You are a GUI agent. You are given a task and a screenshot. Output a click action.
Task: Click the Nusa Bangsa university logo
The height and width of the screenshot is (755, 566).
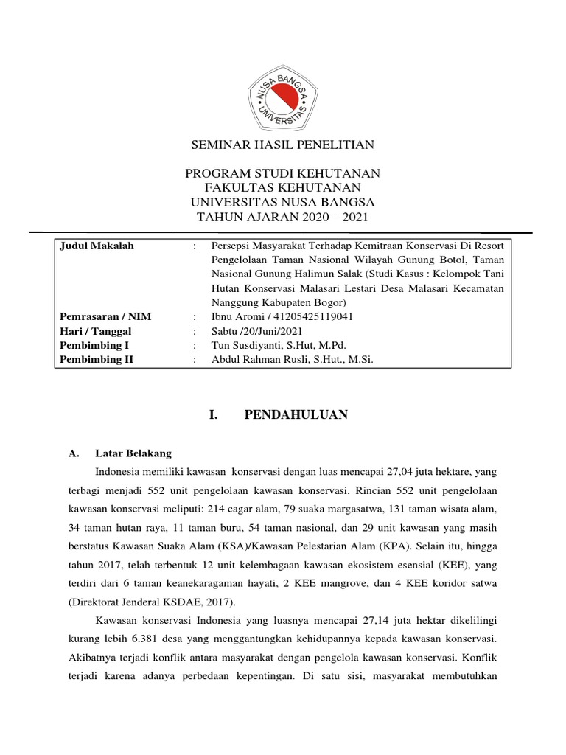pos(283,94)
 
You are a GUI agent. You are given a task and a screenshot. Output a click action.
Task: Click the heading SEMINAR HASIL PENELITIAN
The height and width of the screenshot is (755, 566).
pos(283,145)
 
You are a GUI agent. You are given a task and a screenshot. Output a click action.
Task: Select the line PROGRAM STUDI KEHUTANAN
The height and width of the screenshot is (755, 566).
pos(283,173)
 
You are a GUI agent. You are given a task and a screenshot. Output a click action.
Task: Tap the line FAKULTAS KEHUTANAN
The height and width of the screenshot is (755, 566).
pos(283,187)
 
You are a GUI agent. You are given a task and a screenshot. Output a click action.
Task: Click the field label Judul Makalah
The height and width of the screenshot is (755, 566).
pos(97,246)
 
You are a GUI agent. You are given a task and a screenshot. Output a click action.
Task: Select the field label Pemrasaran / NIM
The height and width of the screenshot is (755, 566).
pos(105,316)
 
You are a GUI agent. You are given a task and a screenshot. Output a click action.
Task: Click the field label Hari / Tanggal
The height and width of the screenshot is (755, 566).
pos(95,331)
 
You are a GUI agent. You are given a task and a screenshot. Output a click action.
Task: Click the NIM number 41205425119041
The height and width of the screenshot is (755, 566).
pos(315,316)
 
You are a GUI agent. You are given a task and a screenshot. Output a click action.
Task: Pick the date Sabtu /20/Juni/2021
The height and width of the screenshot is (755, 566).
pos(256,331)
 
